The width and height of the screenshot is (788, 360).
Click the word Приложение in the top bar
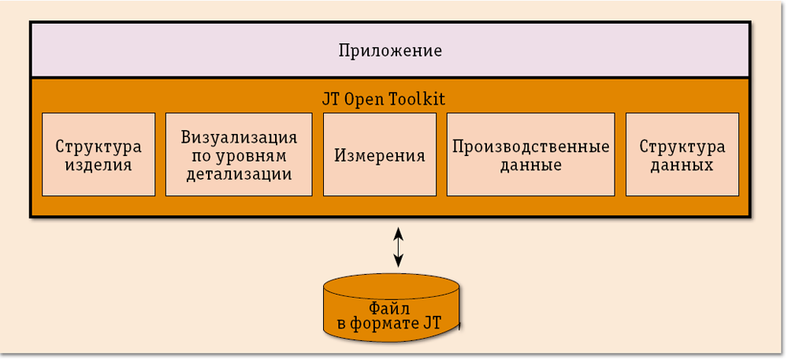(390, 51)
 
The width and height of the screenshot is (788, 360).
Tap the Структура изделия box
(98, 155)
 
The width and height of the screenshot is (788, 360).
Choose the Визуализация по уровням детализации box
(239, 155)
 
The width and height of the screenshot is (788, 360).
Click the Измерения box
(380, 155)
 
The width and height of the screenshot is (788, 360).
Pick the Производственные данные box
(530, 155)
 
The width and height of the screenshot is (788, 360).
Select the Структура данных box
(682, 155)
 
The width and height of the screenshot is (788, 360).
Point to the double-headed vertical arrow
(399, 247)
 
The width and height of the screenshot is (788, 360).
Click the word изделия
(99, 165)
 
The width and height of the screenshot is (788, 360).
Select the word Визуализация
(239, 137)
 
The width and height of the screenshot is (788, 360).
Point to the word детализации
(239, 174)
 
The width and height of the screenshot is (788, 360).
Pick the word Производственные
(531, 147)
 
